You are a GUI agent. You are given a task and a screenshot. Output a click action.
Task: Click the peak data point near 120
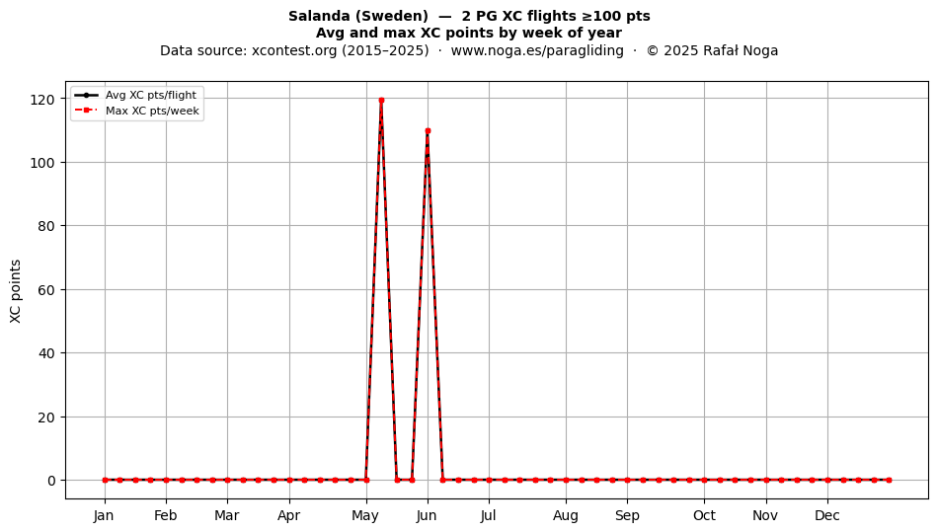[x=381, y=100]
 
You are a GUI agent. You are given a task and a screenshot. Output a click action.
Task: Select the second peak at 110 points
[x=428, y=131]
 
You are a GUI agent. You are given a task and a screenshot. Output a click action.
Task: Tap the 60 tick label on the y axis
[x=46, y=290]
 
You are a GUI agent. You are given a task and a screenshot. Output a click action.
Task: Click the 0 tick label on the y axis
[x=52, y=481]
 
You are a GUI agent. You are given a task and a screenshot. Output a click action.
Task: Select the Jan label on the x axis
[x=104, y=515]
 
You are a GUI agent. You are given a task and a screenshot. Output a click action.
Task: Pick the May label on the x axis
[x=365, y=515]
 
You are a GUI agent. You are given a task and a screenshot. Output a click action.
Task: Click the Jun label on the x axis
[x=427, y=515]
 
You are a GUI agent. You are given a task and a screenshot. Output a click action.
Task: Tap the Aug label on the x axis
[x=566, y=515]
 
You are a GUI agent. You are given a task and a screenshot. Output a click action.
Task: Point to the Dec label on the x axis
[x=827, y=515]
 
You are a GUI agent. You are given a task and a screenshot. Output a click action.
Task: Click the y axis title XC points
[x=16, y=291]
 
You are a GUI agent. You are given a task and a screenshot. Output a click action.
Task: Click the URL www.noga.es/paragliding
[x=537, y=50]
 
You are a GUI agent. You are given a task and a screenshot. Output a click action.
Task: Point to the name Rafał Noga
[x=741, y=50]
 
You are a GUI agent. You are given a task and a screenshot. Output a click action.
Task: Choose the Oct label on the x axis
[x=704, y=515]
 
